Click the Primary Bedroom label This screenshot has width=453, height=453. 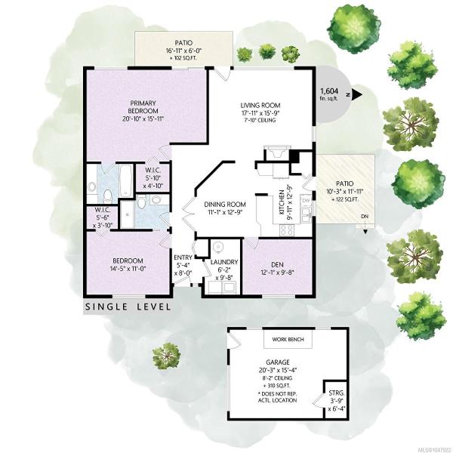[143, 107]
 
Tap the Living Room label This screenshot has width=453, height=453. [260, 106]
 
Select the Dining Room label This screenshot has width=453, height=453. [225, 205]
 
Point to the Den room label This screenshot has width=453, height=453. [277, 264]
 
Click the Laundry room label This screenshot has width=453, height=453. [224, 262]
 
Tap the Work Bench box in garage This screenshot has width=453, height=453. [288, 339]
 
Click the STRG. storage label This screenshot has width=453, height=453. [337, 393]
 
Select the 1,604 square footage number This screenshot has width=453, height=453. [329, 91]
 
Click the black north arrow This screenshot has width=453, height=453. [357, 94]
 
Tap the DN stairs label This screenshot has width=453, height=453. [365, 217]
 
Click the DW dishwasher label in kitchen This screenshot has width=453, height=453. [306, 200]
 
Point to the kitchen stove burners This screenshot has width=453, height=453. [287, 230]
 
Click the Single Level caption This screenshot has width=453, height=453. [128, 307]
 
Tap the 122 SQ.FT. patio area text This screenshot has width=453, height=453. [345, 199]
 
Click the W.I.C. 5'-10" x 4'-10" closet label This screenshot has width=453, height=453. [153, 177]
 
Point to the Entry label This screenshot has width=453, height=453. [183, 257]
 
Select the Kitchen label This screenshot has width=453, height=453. [282, 202]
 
